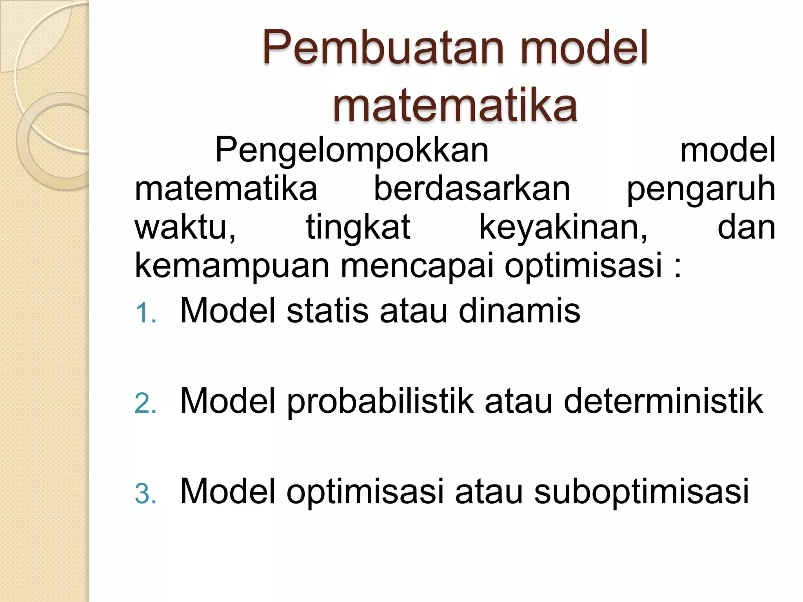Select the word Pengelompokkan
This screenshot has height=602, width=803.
(352, 150)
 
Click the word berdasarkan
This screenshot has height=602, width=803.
(472, 189)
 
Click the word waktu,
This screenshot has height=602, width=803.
(185, 227)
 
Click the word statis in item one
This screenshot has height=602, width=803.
(327, 311)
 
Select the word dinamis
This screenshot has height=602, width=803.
(519, 311)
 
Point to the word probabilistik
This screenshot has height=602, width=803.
(380, 402)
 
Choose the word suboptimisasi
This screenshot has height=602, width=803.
(641, 492)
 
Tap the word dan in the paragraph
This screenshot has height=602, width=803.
(746, 227)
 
